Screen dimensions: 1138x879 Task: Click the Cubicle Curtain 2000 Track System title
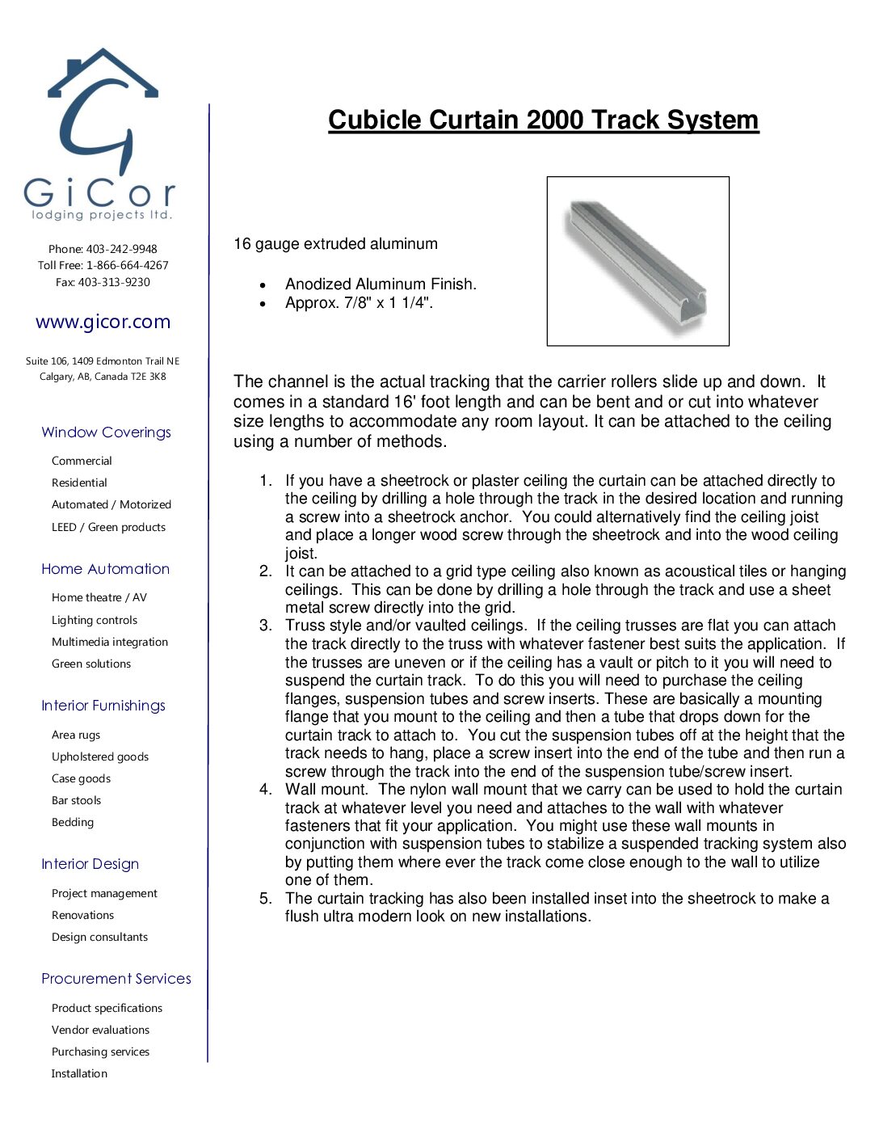pyautogui.click(x=543, y=120)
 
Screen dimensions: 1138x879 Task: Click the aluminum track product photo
pyautogui.click(x=637, y=261)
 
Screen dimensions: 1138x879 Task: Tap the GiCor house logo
pyautogui.click(x=100, y=133)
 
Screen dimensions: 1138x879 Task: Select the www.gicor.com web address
pyautogui.click(x=103, y=322)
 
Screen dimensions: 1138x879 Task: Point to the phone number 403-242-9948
pyautogui.click(x=121, y=249)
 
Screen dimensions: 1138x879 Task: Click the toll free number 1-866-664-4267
pyautogui.click(x=128, y=265)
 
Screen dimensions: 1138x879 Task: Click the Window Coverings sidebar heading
pyautogui.click(x=106, y=432)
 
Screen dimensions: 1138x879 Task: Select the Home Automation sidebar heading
pyautogui.click(x=105, y=569)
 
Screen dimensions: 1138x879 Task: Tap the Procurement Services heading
pyautogui.click(x=116, y=979)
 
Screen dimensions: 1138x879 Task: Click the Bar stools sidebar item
pyautogui.click(x=76, y=800)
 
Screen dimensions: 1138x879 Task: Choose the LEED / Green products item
pyautogui.click(x=108, y=527)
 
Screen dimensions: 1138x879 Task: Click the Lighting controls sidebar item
pyautogui.click(x=95, y=620)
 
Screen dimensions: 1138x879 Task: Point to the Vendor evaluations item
pyautogui.click(x=100, y=1030)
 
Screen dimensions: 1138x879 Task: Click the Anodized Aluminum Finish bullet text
pyautogui.click(x=381, y=284)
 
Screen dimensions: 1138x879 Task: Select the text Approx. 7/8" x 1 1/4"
pyautogui.click(x=359, y=303)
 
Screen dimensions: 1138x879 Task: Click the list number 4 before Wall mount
pyautogui.click(x=266, y=790)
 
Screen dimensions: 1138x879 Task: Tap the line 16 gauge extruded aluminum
pyautogui.click(x=335, y=244)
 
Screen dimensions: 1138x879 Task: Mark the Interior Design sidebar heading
pyautogui.click(x=90, y=864)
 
